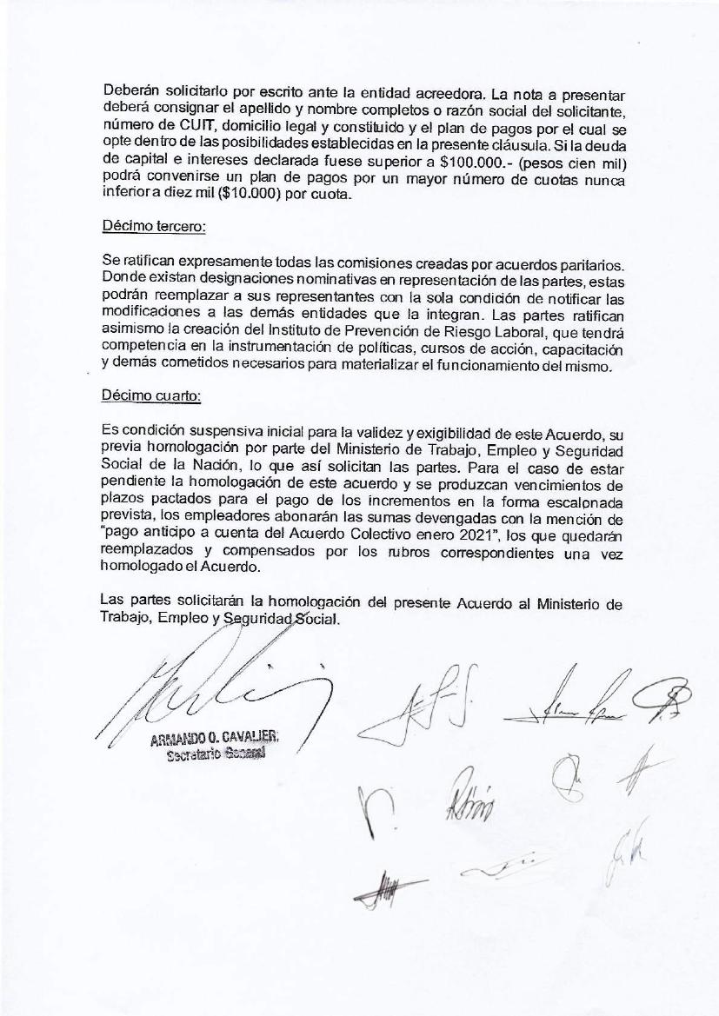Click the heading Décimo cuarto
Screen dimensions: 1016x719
(x=151, y=395)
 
